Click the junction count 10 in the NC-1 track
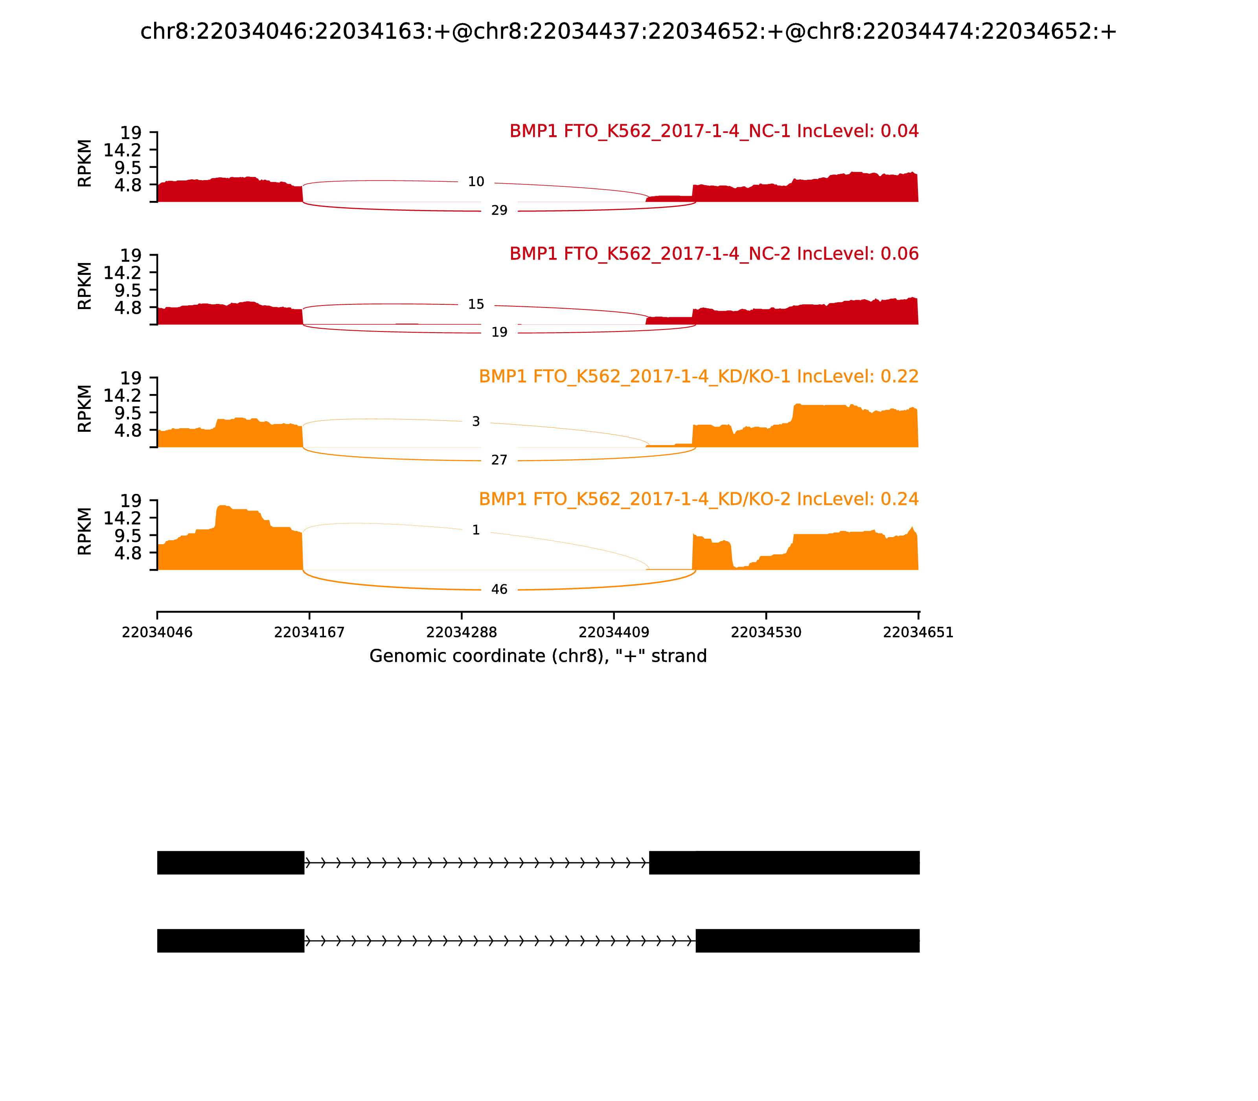coord(476,182)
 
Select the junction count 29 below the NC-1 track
coord(499,211)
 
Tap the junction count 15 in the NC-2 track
coord(476,305)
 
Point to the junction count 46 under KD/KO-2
coord(499,590)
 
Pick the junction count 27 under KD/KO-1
coord(499,460)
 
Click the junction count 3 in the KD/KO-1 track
coord(476,422)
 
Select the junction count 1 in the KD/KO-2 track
coord(476,530)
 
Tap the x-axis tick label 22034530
coord(766,633)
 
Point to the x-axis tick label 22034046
coord(157,633)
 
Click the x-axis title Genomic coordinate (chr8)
coord(538,656)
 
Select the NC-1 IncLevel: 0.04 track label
coord(714,131)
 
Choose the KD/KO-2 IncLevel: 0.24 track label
coord(699,499)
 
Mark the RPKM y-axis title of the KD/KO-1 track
coord(85,409)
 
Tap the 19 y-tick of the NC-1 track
coord(130,133)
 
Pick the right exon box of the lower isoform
coord(807,941)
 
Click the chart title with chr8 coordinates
coord(628,31)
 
